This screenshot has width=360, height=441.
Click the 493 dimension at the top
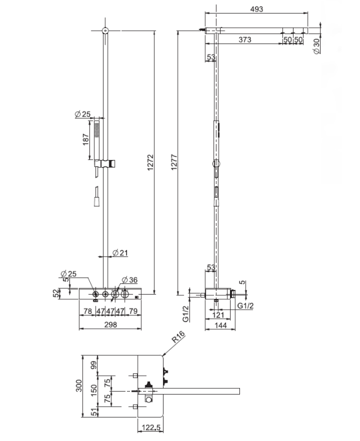tap(256, 9)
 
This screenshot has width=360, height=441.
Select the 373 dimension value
tap(245, 39)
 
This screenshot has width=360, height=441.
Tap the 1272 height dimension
tap(151, 162)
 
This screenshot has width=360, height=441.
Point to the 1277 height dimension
tap(174, 162)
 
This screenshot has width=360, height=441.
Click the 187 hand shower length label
tap(86, 139)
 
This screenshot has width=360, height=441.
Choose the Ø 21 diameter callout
tap(120, 253)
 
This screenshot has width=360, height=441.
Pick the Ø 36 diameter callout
tap(130, 280)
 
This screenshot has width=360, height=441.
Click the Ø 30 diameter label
tap(316, 46)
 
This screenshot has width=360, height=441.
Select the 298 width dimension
tap(111, 325)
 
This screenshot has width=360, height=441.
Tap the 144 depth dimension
tap(221, 325)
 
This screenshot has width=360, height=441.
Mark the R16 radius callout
tap(178, 336)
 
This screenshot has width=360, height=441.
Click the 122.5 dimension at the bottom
tap(151, 428)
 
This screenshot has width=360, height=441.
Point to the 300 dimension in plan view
tap(79, 386)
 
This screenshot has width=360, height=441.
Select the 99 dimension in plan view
tap(94, 365)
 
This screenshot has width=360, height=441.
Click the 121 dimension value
tap(218, 315)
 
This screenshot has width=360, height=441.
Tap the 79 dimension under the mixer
tap(133, 311)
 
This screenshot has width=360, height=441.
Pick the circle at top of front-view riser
tap(105, 31)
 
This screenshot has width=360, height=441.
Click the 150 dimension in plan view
tap(94, 390)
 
